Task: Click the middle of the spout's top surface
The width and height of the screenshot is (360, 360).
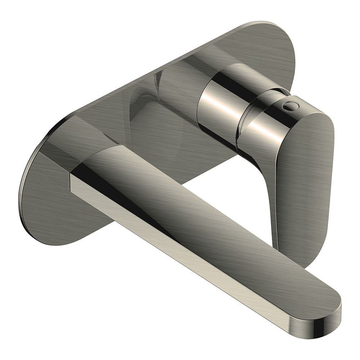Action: click(x=202, y=216)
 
